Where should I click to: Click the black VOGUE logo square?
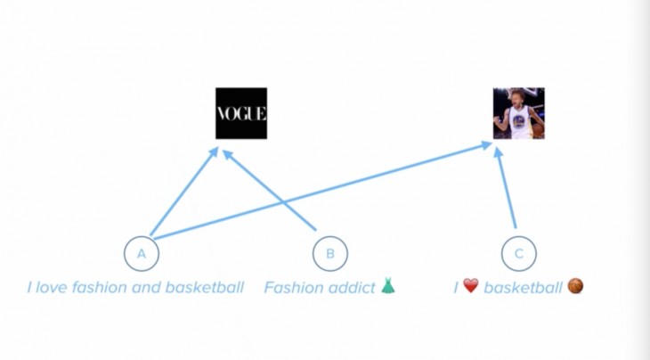[x=241, y=113]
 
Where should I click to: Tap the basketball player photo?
[x=518, y=113]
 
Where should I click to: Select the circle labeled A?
[x=142, y=253]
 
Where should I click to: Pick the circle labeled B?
[x=330, y=253]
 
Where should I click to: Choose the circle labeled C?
[x=518, y=253]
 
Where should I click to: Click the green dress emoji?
[x=388, y=286]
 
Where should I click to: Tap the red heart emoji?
[x=470, y=285]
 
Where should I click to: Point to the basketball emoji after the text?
[x=575, y=286]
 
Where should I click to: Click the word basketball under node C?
[x=523, y=288]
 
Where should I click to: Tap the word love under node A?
[x=51, y=288]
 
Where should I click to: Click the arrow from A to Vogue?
[x=184, y=192]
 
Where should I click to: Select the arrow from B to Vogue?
[x=270, y=190]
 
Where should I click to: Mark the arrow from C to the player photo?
[x=506, y=187]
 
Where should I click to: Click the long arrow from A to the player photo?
[x=322, y=191]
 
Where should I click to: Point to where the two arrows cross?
[x=282, y=201]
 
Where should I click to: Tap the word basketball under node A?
[x=205, y=287]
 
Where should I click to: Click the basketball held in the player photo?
[x=538, y=130]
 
